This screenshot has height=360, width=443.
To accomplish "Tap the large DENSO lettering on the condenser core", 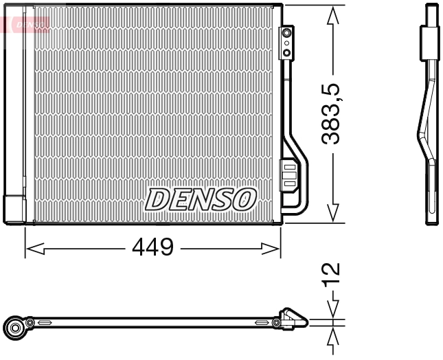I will tap(200, 200).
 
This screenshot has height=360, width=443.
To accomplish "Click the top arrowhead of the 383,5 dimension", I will tap(333, 15).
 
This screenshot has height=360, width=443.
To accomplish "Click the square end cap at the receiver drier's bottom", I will tap(14, 209).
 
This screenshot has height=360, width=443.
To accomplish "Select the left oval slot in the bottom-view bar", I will tap(45, 322).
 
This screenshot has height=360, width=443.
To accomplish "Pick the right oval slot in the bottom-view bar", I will tap(262, 322).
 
